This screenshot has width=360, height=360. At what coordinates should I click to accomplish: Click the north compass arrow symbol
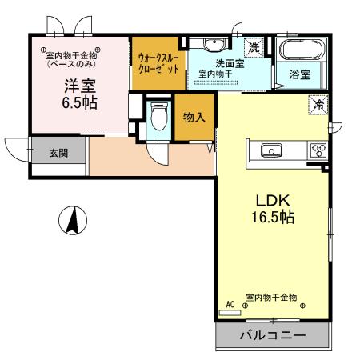[x=72, y=220]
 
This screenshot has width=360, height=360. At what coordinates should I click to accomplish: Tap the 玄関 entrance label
[x=58, y=153]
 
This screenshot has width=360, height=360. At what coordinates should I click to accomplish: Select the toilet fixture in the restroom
[x=160, y=119]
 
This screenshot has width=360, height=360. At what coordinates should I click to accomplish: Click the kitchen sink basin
[x=270, y=150]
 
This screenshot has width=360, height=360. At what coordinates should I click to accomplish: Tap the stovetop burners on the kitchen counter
[x=318, y=150]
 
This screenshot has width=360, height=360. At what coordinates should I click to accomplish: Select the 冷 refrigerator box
[x=318, y=104]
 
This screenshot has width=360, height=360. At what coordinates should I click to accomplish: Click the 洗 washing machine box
[x=253, y=47]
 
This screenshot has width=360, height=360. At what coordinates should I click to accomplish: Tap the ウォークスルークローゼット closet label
[x=160, y=64]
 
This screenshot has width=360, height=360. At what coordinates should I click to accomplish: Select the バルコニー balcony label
[x=273, y=336]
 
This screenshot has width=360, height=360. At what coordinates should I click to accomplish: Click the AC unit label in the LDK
[x=230, y=304]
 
